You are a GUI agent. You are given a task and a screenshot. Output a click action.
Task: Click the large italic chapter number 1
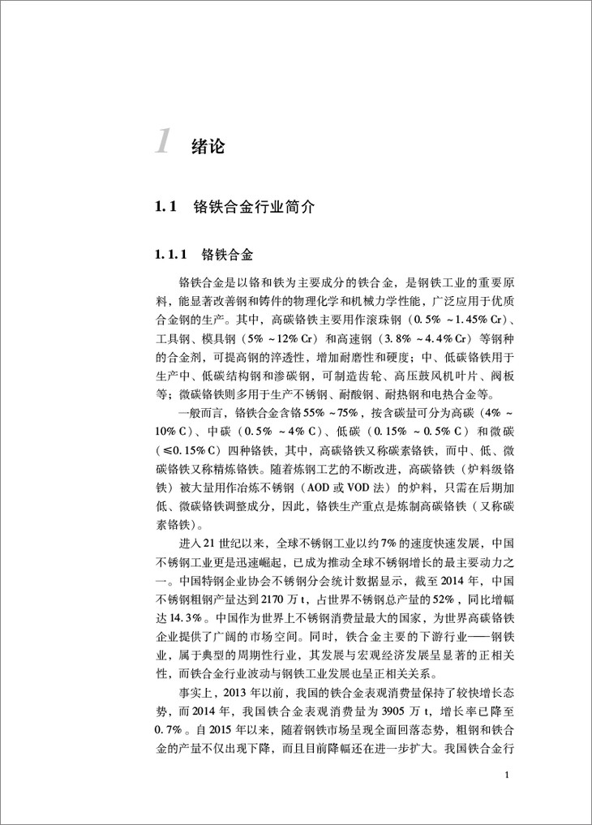coord(162,140)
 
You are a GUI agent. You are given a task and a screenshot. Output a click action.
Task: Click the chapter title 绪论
coord(208,147)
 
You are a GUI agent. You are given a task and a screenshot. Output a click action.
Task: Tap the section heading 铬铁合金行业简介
coord(255,208)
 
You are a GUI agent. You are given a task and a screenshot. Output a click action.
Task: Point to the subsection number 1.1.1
coord(171,256)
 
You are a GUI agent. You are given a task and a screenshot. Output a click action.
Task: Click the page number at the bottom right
coord(506,776)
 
